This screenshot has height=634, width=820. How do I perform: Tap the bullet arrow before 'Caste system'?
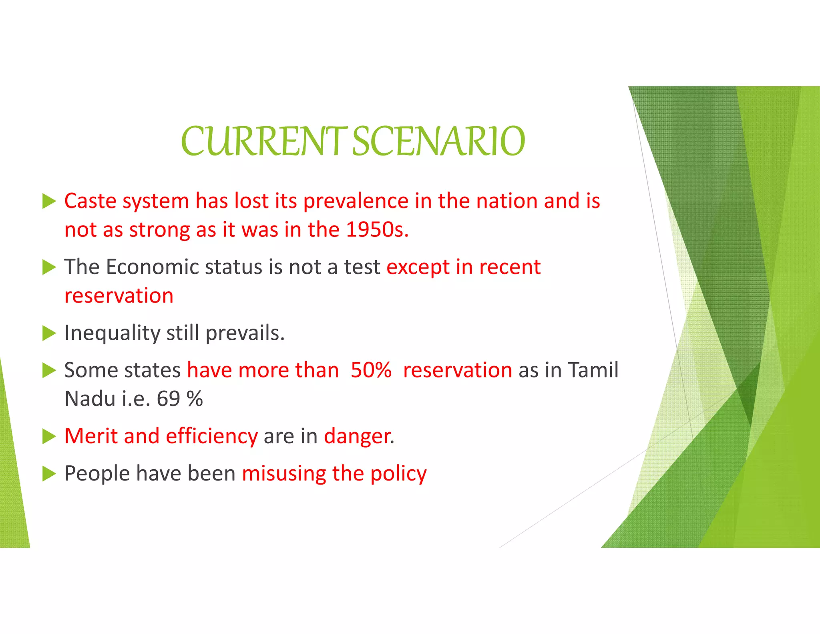click(x=49, y=201)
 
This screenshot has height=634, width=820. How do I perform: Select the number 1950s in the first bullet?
click(x=376, y=230)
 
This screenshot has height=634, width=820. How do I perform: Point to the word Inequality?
click(x=112, y=333)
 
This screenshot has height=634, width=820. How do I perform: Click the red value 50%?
click(x=371, y=370)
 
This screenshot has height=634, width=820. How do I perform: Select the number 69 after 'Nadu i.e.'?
click(x=168, y=399)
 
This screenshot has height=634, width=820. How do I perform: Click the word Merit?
click(x=91, y=436)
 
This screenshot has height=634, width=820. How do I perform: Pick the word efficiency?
click(x=212, y=436)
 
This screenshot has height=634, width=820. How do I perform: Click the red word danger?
click(x=358, y=436)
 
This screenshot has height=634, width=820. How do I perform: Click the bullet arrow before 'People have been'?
click(x=49, y=474)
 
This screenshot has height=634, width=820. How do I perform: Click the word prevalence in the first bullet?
click(x=356, y=201)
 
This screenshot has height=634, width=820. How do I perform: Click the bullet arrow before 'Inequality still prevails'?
click(x=49, y=333)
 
